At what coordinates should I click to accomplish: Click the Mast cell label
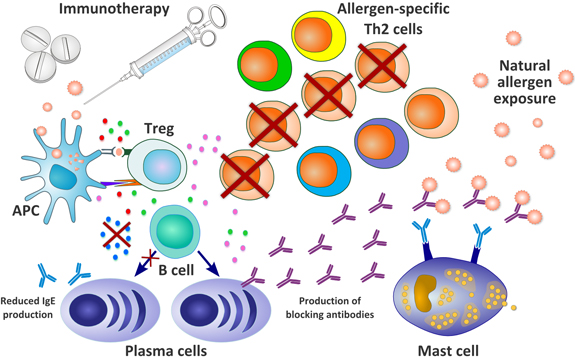click(474, 349)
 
